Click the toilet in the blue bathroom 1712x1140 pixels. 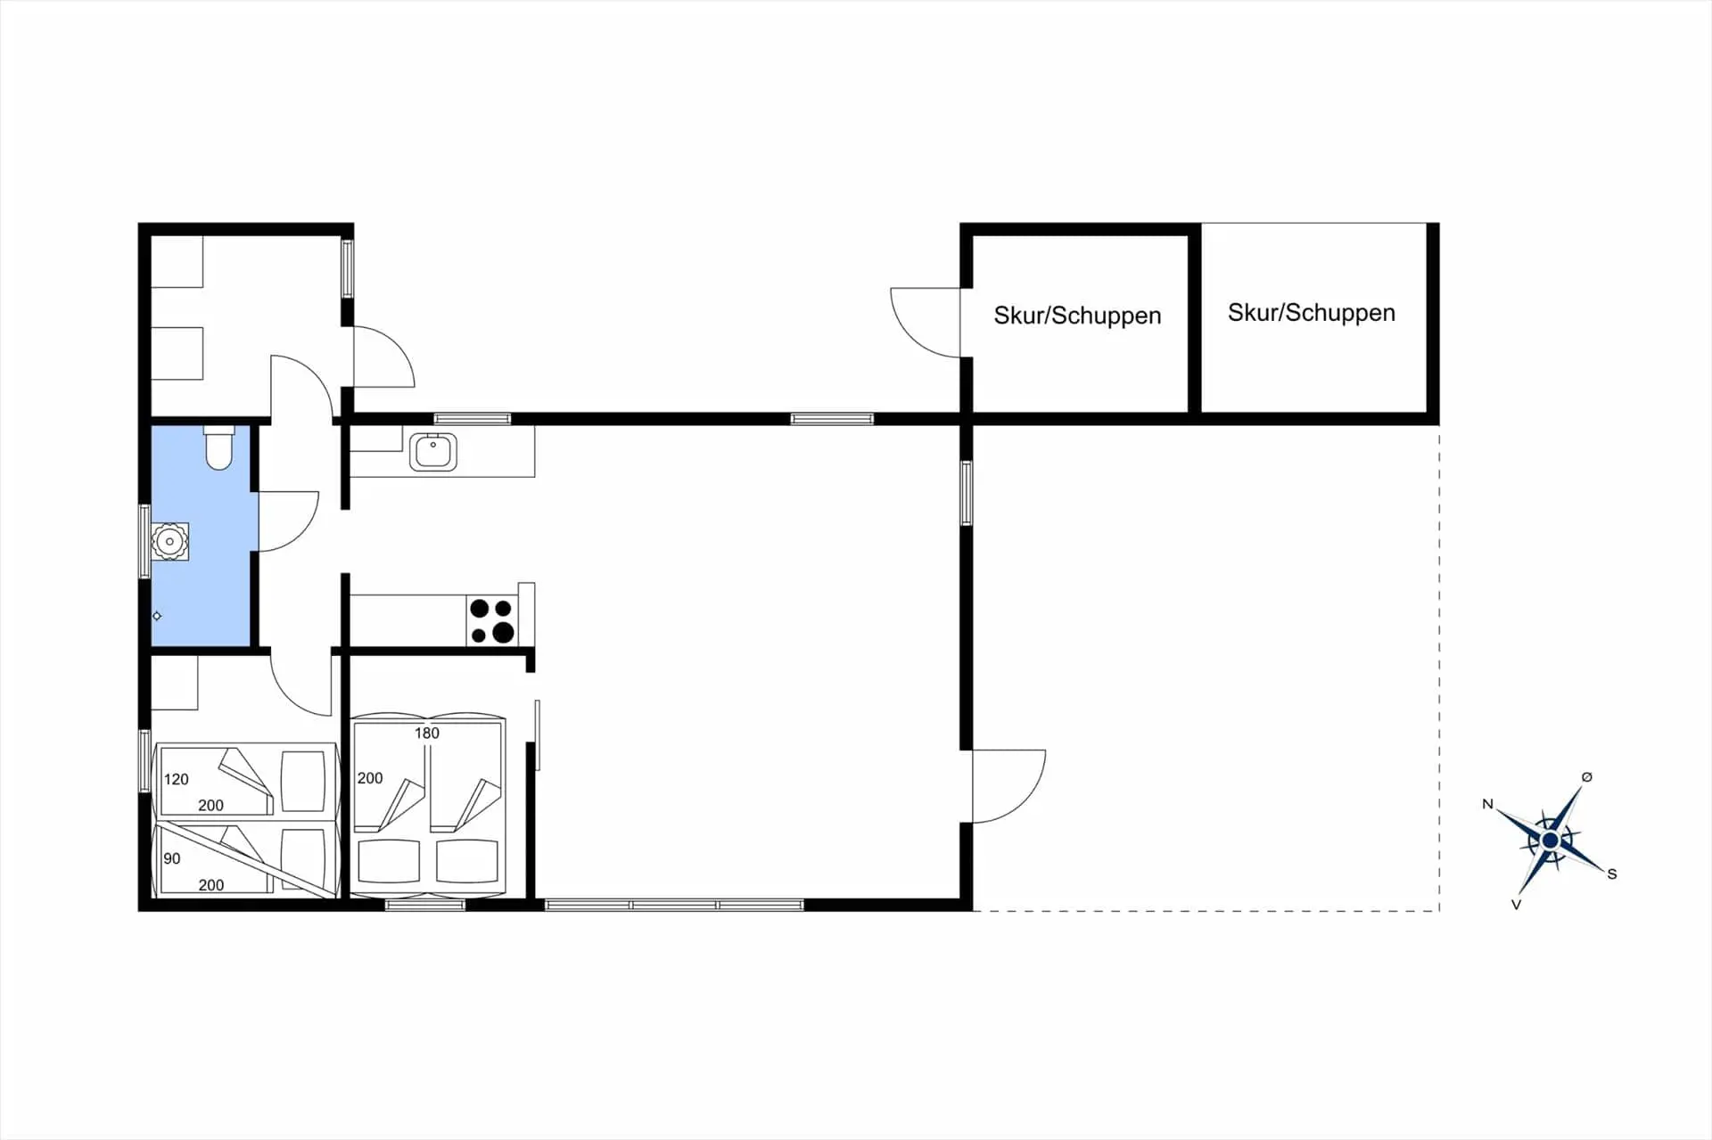coord(218,447)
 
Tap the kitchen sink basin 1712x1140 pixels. coord(433,451)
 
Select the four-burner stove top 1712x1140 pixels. coord(491,620)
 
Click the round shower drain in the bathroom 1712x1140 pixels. coord(169,541)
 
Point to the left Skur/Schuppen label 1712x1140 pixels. coord(1077,316)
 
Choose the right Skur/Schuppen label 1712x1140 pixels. coord(1311,313)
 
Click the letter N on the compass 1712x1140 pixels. coord(1487,804)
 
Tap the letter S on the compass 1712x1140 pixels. coord(1612,874)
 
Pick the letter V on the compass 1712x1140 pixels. coord(1516,905)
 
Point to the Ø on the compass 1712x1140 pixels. coord(1586,777)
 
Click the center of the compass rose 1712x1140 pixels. coord(1550,841)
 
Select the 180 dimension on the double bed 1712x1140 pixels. coord(427,734)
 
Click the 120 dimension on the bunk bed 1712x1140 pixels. coord(177,779)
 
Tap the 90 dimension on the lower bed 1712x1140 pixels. coord(172,858)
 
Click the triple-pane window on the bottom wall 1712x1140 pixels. coord(674,905)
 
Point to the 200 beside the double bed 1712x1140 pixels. coord(370,778)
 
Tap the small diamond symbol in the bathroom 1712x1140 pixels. coord(157,616)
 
